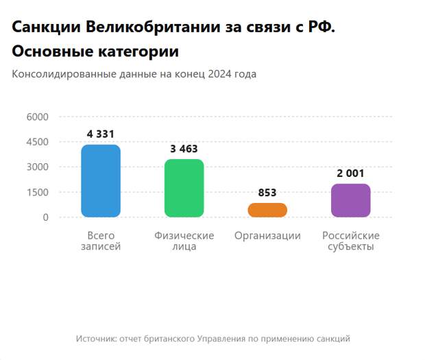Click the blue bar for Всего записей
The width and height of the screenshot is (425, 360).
(x=101, y=181)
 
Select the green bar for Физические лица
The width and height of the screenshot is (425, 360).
(x=184, y=188)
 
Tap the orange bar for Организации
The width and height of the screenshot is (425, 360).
(x=267, y=210)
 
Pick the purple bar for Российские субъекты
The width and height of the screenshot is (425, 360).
(x=350, y=200)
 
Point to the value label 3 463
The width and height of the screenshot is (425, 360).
(x=184, y=149)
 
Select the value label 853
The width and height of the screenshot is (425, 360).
(x=267, y=193)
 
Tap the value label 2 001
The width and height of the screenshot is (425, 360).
(x=350, y=173)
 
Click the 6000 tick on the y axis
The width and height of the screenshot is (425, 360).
(x=38, y=117)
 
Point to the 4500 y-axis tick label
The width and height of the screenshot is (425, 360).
(x=38, y=142)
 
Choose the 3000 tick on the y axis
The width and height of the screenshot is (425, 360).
(x=38, y=167)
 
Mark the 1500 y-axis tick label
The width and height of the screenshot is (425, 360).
(x=38, y=193)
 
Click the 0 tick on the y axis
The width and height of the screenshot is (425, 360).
(x=45, y=217)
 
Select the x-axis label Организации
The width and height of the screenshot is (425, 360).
(x=267, y=236)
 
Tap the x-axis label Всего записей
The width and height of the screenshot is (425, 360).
(x=101, y=241)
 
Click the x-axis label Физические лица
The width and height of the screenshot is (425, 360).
(x=184, y=241)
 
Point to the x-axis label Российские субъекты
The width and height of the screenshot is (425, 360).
(x=350, y=241)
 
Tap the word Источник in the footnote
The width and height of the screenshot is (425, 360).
(x=96, y=339)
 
